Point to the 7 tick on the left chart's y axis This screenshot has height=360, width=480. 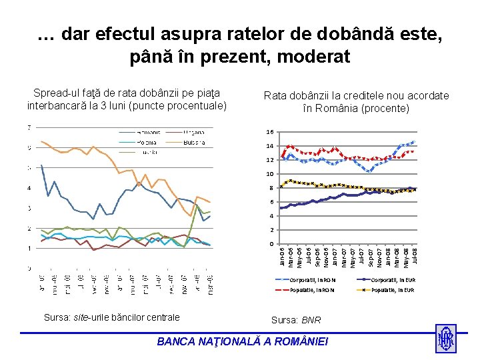(28, 127)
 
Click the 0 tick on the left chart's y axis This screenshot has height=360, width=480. (28, 269)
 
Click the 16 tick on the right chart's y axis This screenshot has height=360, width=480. (270, 132)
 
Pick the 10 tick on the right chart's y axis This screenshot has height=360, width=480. (270, 174)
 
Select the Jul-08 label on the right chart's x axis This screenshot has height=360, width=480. (414, 255)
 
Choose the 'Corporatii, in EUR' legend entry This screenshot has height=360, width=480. (393, 280)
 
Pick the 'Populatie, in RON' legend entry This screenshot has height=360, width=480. (311, 290)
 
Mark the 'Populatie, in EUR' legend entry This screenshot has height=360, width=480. (393, 290)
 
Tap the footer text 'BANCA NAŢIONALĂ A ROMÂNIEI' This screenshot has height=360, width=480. (242, 341)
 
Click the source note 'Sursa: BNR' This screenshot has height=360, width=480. (297, 321)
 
